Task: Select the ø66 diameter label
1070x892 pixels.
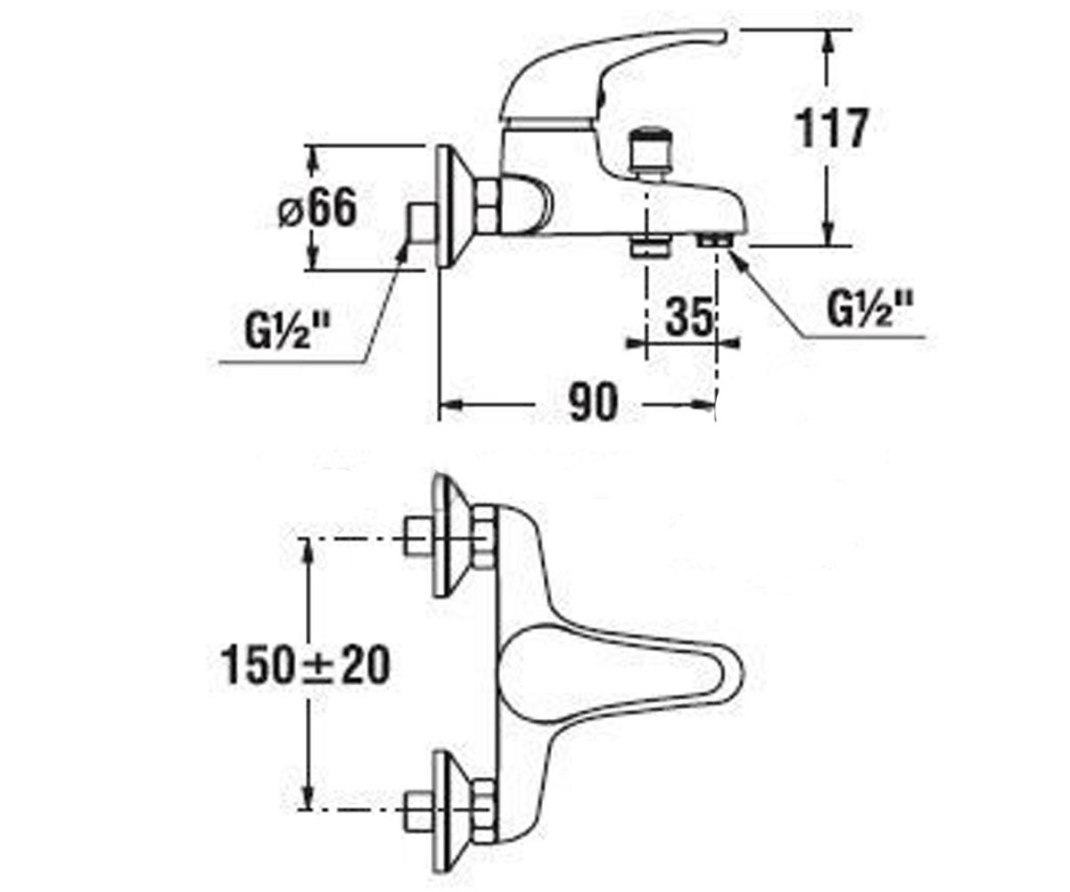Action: pos(317,209)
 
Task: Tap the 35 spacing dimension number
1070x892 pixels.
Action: pos(689,316)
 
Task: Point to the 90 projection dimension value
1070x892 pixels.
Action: pos(591,403)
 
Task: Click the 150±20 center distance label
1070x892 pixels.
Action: pos(306,665)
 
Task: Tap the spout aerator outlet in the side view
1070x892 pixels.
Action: pos(714,240)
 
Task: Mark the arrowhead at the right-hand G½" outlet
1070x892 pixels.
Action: pos(739,256)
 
